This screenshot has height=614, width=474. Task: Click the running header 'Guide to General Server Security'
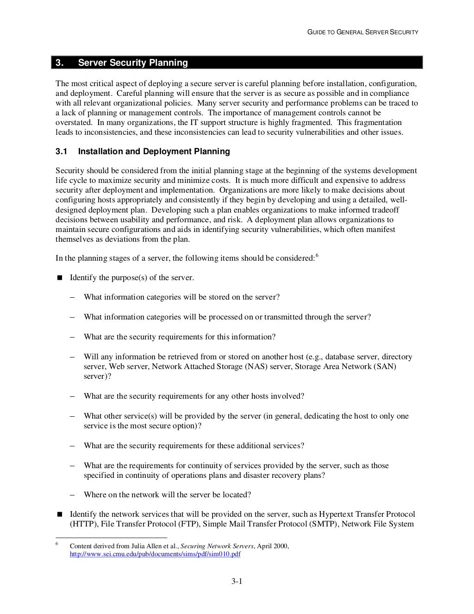363,32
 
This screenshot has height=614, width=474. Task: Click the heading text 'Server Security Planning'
133,63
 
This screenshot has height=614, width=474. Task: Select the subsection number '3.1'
62,151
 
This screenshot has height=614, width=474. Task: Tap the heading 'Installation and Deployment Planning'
154,151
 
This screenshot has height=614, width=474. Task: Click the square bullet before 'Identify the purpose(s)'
59,278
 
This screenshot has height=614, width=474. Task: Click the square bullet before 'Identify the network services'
59,514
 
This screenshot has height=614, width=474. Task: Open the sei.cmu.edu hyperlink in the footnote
155,554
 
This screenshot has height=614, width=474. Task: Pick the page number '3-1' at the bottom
237,581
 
